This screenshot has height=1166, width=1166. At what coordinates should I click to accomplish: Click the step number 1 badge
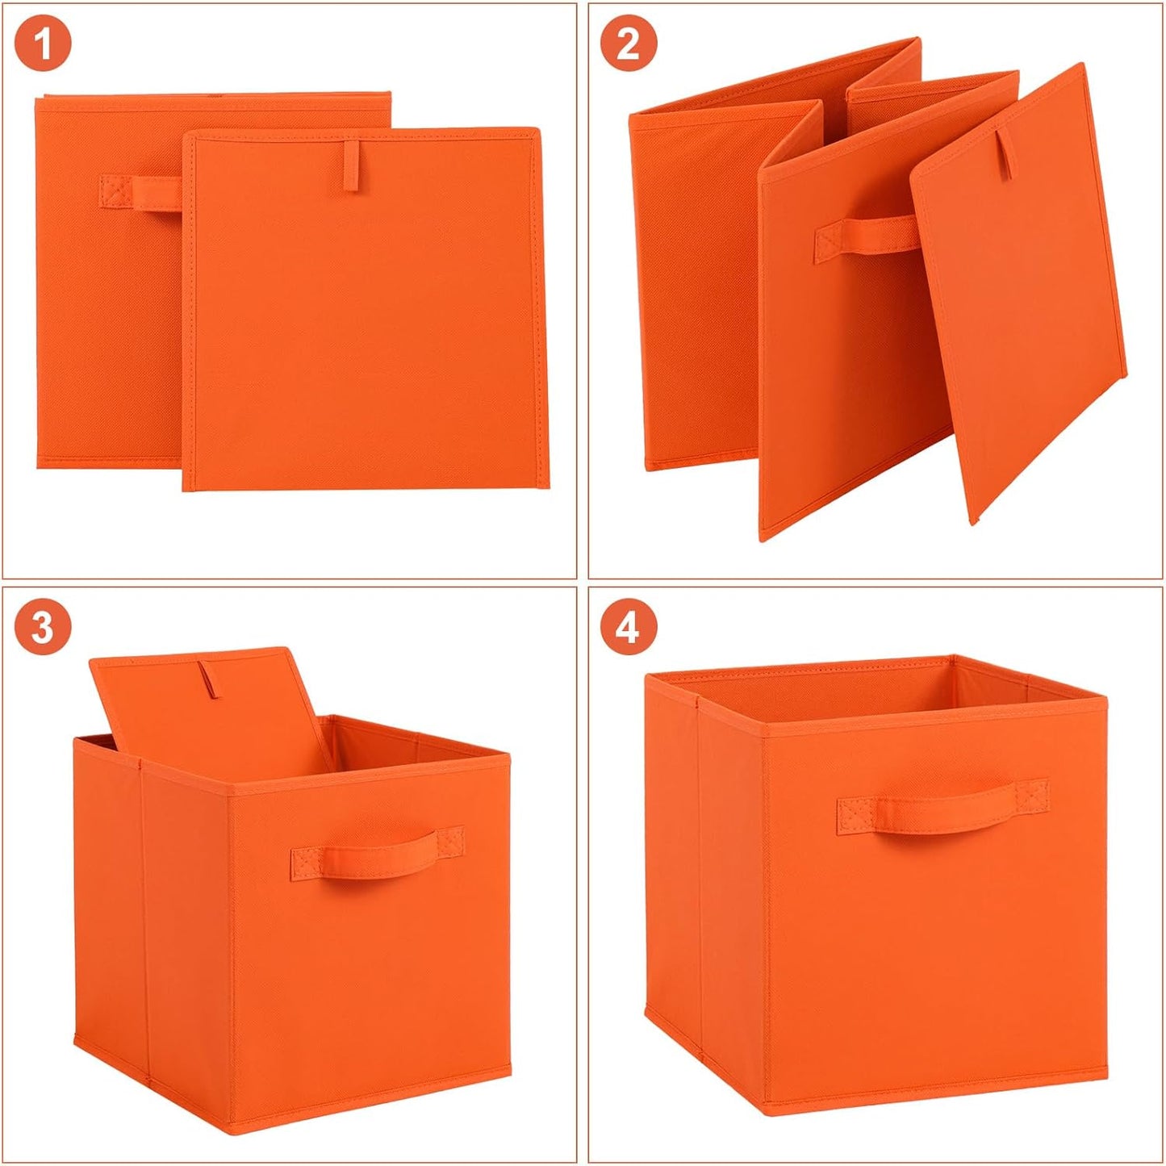(43, 43)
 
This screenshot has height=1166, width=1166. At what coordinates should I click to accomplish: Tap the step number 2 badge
(628, 43)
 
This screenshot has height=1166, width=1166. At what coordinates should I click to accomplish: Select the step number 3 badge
(43, 626)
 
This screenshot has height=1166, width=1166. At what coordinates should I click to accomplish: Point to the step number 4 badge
(628, 626)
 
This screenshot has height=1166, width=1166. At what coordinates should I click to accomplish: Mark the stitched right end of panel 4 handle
(1032, 795)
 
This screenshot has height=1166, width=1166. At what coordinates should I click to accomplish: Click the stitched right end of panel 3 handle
(452, 841)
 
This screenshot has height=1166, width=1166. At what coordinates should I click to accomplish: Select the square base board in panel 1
(363, 323)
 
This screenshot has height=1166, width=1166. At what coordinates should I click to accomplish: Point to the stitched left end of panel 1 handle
(115, 191)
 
